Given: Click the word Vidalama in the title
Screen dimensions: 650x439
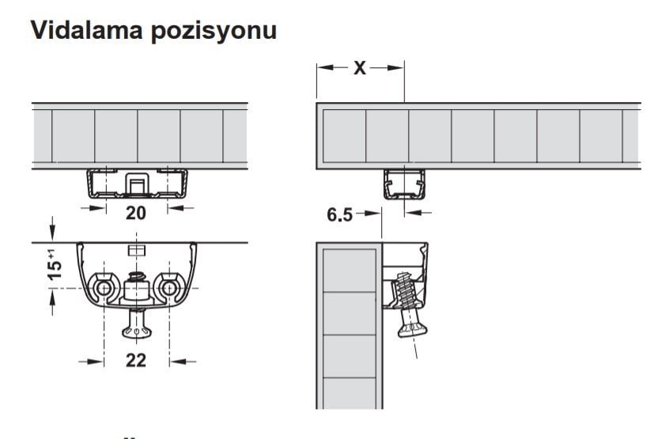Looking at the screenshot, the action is (87, 30).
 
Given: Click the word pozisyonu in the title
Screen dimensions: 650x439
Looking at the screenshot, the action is (214, 32).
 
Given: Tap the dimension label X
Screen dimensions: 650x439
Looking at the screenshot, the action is (360, 67).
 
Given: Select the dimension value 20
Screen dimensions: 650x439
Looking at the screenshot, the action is (136, 213).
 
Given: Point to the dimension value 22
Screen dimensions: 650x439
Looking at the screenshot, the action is (136, 360).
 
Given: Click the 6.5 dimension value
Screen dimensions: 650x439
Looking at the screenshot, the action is (339, 214).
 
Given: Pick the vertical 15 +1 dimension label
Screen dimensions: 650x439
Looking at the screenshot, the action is (55, 265).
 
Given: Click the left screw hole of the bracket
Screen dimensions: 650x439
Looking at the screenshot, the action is (104, 288).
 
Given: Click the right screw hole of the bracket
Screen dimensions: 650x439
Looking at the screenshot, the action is (168, 288).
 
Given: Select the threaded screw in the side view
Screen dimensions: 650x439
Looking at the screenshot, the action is (407, 305).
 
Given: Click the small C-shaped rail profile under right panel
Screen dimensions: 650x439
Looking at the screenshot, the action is (404, 184).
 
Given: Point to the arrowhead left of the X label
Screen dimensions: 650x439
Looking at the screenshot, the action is (327, 67).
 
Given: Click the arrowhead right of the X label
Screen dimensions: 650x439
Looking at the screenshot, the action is (395, 67).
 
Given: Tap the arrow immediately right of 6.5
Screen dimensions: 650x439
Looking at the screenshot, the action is (369, 213).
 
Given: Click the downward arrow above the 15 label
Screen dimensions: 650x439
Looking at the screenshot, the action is (52, 229).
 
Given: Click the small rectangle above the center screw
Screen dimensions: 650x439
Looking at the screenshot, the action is (137, 250).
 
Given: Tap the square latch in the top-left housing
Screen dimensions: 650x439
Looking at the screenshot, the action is (137, 184).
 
